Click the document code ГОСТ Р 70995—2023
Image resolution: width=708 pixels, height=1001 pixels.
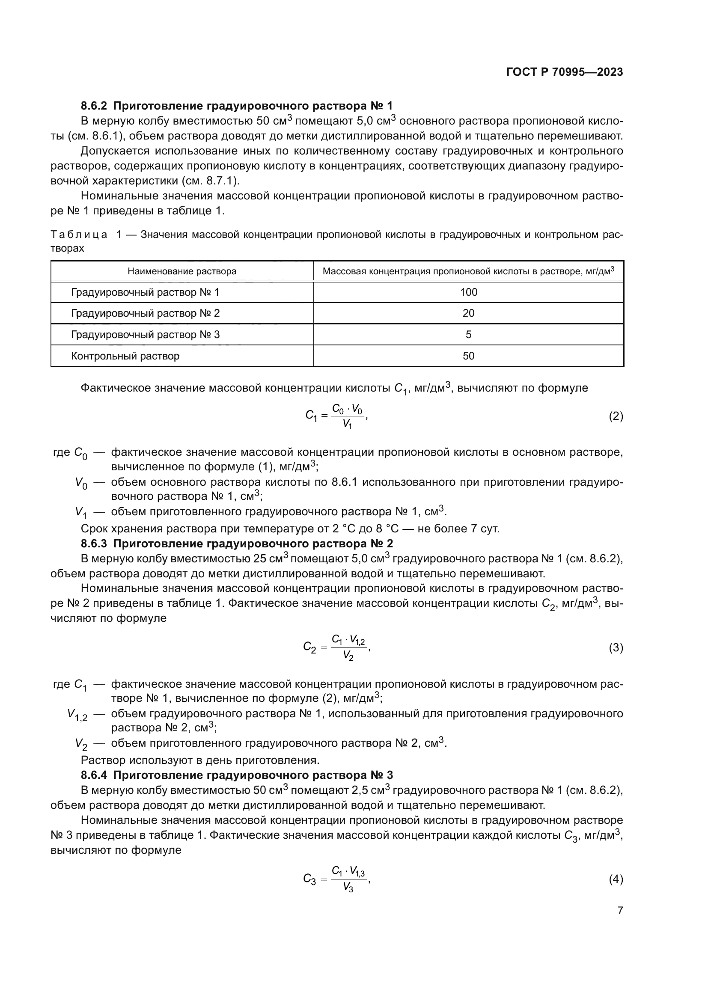click(565, 72)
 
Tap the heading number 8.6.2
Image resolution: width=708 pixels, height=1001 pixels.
click(94, 106)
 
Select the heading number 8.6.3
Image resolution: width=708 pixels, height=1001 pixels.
click(94, 544)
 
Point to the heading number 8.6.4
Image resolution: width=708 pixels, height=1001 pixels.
click(94, 775)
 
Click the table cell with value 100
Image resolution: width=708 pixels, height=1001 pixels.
click(468, 293)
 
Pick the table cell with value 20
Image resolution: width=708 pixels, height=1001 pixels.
click(468, 313)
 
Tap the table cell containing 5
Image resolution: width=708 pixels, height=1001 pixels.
click(468, 335)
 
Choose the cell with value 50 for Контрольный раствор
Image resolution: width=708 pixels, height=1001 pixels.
click(468, 356)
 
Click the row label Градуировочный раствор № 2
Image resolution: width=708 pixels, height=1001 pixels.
click(145, 313)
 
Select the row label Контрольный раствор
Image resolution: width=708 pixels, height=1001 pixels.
click(125, 356)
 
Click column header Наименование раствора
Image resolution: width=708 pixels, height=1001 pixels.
click(182, 271)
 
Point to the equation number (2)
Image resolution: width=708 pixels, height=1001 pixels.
click(616, 416)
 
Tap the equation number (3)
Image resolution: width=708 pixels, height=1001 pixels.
click(616, 648)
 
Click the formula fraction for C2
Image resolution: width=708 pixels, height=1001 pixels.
click(348, 648)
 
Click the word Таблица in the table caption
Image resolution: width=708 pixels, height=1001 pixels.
click(79, 235)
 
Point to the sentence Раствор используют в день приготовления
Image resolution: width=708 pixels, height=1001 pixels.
click(200, 760)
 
